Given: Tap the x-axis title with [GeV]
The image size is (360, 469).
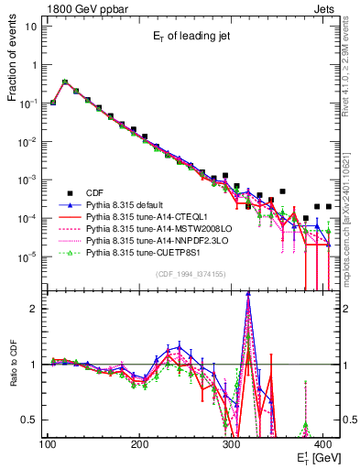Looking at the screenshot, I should pos(315,456).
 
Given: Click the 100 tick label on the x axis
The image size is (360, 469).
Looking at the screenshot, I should pos(47,444).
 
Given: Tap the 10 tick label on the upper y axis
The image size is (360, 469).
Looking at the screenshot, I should pos(30,25).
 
